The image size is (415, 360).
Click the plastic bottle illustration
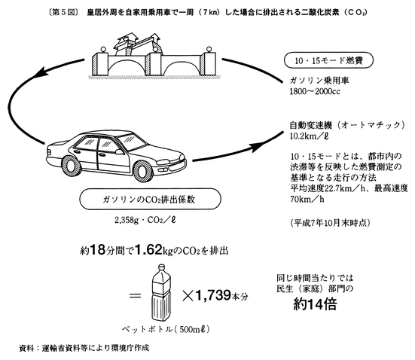(x=161, y=293)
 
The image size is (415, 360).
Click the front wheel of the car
(x=143, y=171)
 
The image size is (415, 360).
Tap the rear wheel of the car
(x=72, y=166)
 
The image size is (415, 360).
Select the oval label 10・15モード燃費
(x=328, y=60)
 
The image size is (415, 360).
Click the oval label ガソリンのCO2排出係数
(x=150, y=199)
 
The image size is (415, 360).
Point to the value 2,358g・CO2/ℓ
(x=145, y=220)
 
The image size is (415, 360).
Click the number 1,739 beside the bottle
(x=213, y=295)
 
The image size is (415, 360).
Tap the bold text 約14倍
(x=315, y=304)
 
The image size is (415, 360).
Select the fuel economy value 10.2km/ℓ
(x=310, y=136)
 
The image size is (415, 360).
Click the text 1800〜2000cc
(x=315, y=92)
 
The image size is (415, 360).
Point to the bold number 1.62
(x=148, y=249)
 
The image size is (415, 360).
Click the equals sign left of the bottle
(x=136, y=296)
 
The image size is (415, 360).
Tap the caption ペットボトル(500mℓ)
(x=166, y=329)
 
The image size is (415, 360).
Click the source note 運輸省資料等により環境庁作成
(x=96, y=348)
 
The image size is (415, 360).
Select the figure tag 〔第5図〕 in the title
(x=64, y=13)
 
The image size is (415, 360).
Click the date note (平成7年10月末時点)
(x=330, y=223)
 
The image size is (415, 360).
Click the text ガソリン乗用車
(x=319, y=80)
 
